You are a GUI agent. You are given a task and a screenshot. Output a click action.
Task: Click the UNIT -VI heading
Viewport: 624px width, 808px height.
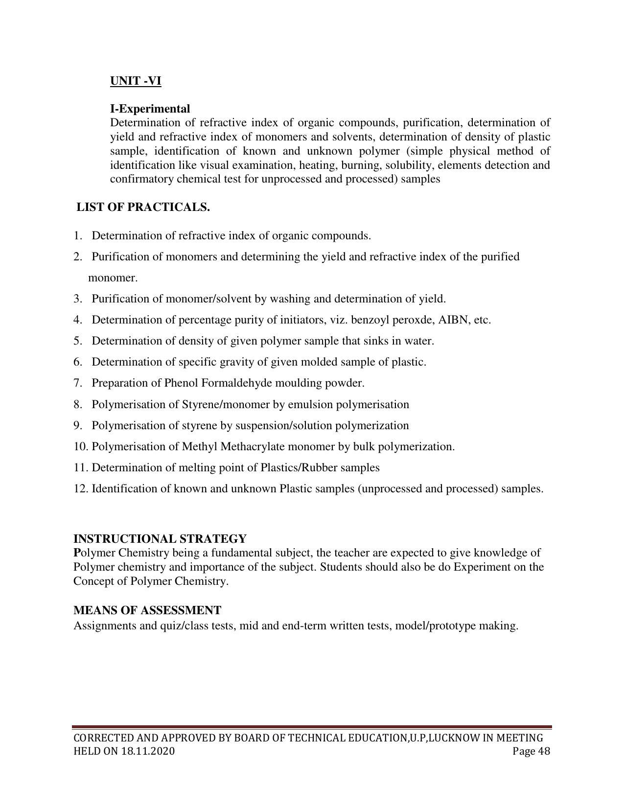pos(136,81)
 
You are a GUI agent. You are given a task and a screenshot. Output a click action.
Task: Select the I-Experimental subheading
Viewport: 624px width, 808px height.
pos(150,109)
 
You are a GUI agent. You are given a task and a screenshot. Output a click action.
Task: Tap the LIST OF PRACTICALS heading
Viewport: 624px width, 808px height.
pos(143,207)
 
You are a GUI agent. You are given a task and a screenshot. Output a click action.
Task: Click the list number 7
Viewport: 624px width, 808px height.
pos(77,383)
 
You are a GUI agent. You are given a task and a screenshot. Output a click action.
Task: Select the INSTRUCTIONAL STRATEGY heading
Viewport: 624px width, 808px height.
pos(160,539)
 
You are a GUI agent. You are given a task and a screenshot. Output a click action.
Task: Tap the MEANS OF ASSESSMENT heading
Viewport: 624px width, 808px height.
pos(147,610)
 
